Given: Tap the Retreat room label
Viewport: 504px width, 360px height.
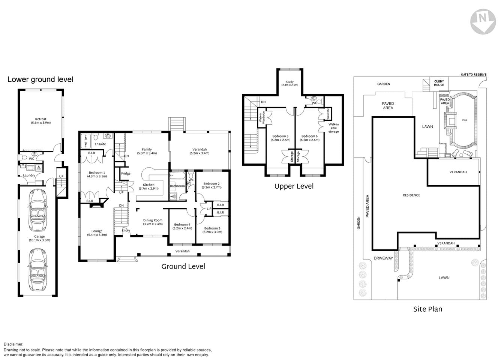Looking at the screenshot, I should (40, 120).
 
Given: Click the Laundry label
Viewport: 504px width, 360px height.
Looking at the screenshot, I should (29, 175).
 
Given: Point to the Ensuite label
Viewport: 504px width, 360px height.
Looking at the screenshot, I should (100, 144).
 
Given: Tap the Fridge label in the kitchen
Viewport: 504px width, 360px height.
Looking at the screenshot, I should (126, 174).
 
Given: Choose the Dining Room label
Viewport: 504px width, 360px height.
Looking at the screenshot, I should (153, 222).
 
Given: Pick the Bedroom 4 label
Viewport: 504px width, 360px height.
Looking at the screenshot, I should (182, 226).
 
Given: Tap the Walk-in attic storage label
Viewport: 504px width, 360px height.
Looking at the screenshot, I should (333, 128).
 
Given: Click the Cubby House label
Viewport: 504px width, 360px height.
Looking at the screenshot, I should (439, 83).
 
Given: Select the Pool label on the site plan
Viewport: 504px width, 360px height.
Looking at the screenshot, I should (465, 120).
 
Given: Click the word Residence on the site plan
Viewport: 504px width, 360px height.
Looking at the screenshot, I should (411, 195).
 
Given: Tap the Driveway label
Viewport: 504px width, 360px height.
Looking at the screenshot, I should (383, 258).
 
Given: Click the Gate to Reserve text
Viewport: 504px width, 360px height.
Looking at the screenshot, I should (474, 75).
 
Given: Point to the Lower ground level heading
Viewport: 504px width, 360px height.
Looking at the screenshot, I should (40, 79).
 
